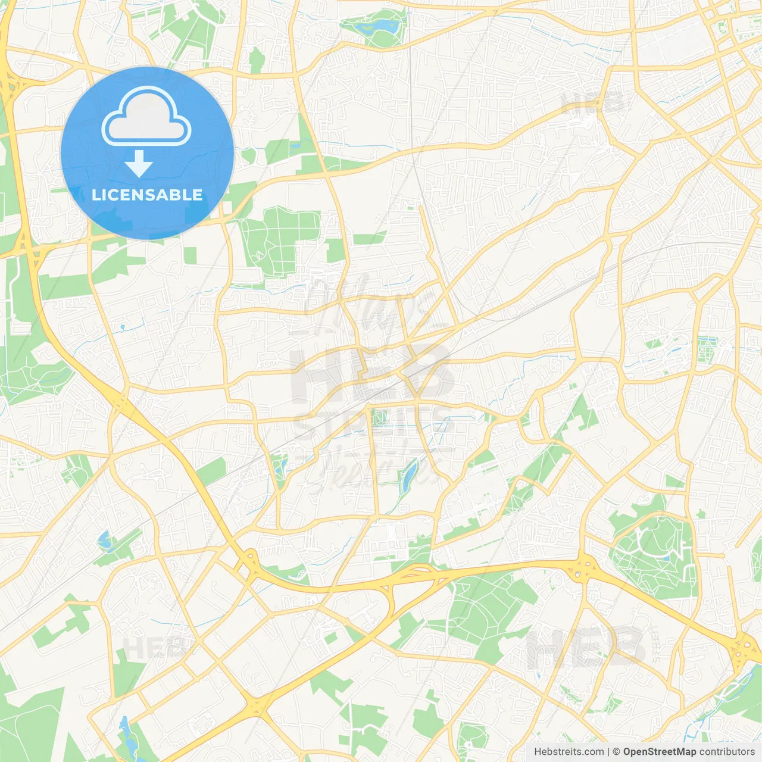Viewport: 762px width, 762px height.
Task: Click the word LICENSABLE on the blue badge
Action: (147, 195)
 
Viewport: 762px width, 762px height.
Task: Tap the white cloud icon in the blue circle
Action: (146, 117)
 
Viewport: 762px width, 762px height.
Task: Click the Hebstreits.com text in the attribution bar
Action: (569, 752)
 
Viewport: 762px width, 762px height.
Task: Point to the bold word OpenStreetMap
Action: (660, 752)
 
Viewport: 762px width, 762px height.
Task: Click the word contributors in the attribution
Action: (727, 752)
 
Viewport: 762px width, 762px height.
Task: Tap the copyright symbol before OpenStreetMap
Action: (617, 752)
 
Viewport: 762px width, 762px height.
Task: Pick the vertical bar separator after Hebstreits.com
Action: (608, 752)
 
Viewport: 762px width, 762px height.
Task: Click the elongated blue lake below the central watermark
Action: (408, 477)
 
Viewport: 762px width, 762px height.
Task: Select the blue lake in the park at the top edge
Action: (385, 26)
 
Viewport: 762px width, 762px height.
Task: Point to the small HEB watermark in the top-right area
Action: (592, 104)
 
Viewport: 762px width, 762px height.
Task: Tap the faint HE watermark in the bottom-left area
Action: (149, 648)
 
